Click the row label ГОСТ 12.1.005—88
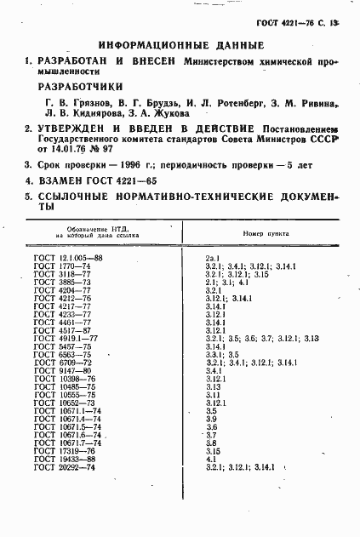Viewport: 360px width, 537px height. point(68,256)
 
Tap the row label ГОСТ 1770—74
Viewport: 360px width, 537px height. point(63,266)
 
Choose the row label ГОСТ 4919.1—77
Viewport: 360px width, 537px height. point(66,338)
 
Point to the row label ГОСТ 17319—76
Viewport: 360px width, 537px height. point(65,451)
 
